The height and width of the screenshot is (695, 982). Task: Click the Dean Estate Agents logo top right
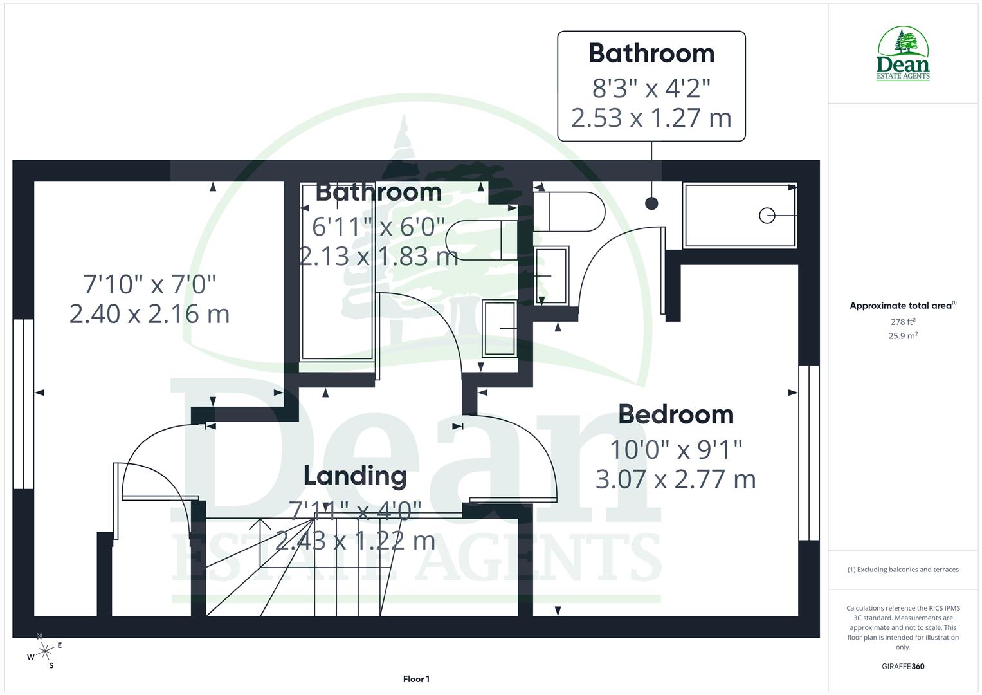point(904,54)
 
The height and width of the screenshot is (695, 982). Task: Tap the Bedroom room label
point(676,414)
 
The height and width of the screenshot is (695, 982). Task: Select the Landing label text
point(355,476)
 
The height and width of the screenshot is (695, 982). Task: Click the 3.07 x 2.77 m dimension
point(675,479)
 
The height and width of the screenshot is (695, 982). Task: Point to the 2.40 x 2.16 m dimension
point(149,314)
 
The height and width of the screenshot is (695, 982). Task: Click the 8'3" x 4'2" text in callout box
point(651,88)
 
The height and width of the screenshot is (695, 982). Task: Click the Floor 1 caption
point(416,679)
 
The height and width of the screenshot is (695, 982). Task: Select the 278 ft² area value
point(903,322)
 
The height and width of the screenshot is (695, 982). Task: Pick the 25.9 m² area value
point(903,335)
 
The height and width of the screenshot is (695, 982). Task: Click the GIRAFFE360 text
point(904,666)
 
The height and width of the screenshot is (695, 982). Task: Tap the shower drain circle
point(767,216)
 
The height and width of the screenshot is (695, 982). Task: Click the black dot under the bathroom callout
point(651,203)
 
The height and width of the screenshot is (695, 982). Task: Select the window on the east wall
point(809,453)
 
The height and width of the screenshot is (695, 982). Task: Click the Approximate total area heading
point(902,306)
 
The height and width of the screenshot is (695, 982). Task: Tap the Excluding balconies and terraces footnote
point(903,570)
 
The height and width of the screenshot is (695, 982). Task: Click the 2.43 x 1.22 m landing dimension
point(355,541)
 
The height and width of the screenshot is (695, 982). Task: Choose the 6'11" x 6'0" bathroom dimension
point(378,227)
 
